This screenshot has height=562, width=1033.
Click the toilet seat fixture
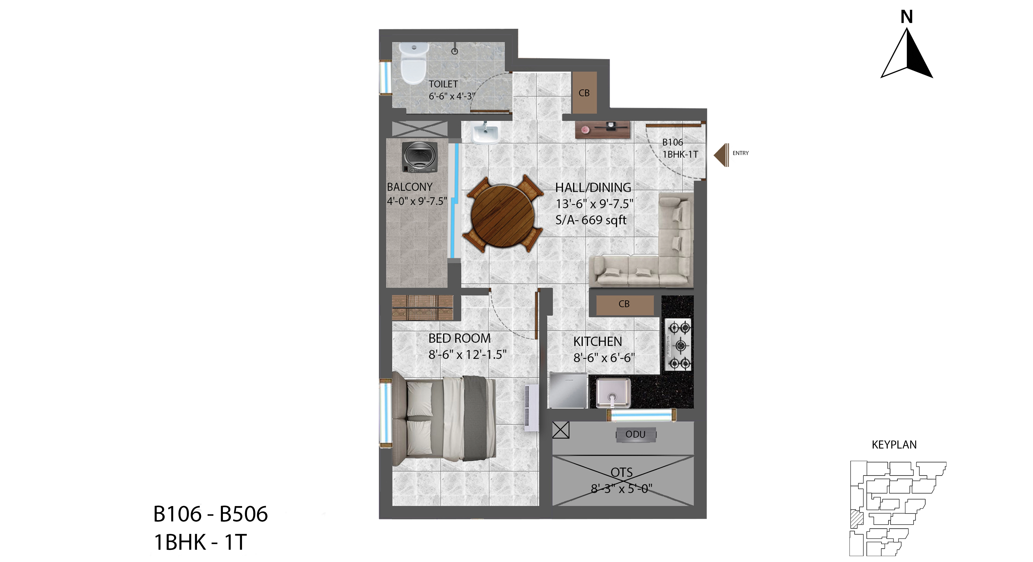(414, 63)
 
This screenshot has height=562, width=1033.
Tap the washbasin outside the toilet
(485, 132)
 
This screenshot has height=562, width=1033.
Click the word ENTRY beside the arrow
(740, 153)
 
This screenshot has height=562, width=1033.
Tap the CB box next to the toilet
(584, 93)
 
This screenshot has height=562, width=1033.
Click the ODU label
(635, 434)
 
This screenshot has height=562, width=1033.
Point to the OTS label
(622, 473)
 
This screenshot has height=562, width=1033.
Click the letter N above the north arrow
(907, 17)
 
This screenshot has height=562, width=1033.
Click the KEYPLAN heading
(894, 445)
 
